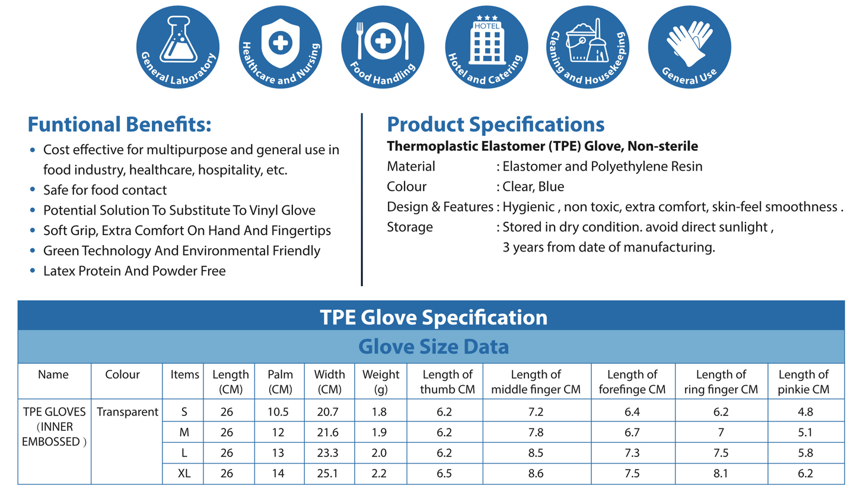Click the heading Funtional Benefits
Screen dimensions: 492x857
(x=120, y=125)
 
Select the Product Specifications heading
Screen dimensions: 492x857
(x=495, y=125)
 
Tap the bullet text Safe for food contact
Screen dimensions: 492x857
(x=105, y=190)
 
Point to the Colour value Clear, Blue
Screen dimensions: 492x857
(x=533, y=187)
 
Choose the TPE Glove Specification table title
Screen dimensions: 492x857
(x=433, y=317)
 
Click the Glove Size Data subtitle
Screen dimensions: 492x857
(x=433, y=347)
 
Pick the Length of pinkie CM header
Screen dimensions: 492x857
(x=803, y=382)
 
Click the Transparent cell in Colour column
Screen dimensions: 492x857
(x=127, y=411)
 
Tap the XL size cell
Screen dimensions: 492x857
(x=184, y=473)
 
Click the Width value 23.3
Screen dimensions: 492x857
(x=329, y=453)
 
